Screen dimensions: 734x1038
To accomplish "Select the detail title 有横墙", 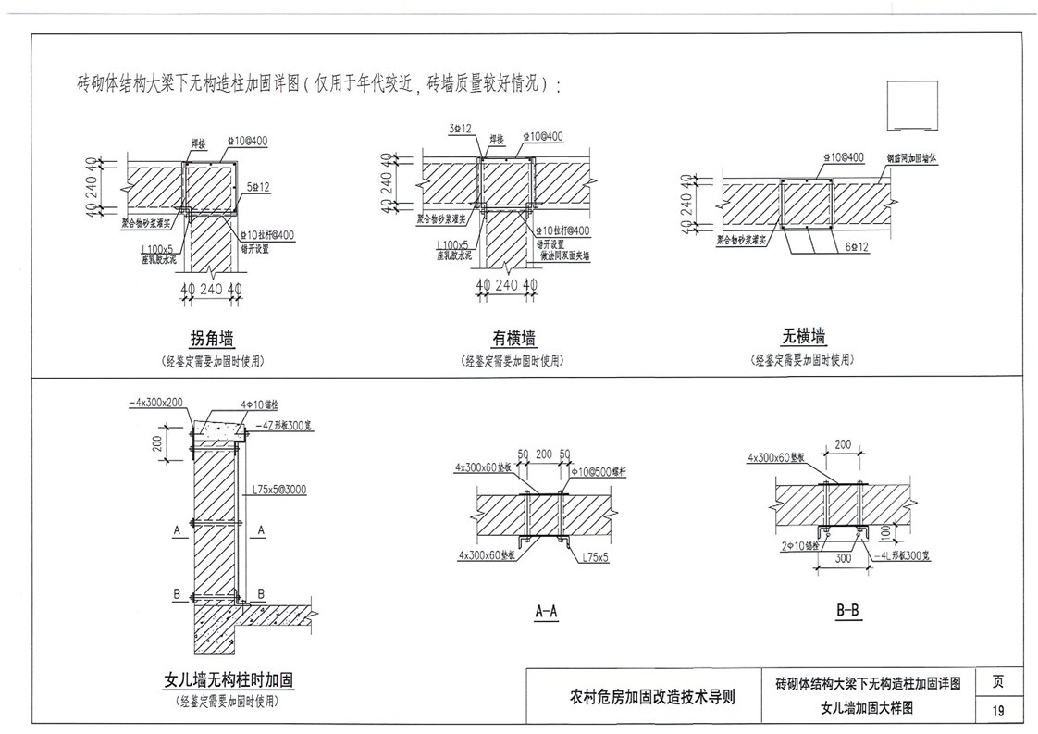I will pyautogui.click(x=513, y=338).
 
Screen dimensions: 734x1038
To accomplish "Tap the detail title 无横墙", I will pyautogui.click(x=803, y=335).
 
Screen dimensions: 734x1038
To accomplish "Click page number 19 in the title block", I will pyautogui.click(x=998, y=711).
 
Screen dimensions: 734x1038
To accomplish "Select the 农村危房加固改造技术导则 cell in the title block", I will pyautogui.click(x=653, y=697).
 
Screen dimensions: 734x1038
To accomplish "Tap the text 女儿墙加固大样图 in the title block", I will pyautogui.click(x=868, y=708).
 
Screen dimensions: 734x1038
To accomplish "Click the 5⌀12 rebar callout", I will pyautogui.click(x=258, y=187).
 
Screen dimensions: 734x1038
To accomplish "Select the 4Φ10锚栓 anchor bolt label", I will pyautogui.click(x=259, y=405).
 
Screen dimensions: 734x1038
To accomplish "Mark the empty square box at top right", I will pyautogui.click(x=912, y=106).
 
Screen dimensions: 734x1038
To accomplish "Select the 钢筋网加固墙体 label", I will pyautogui.click(x=912, y=158).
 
